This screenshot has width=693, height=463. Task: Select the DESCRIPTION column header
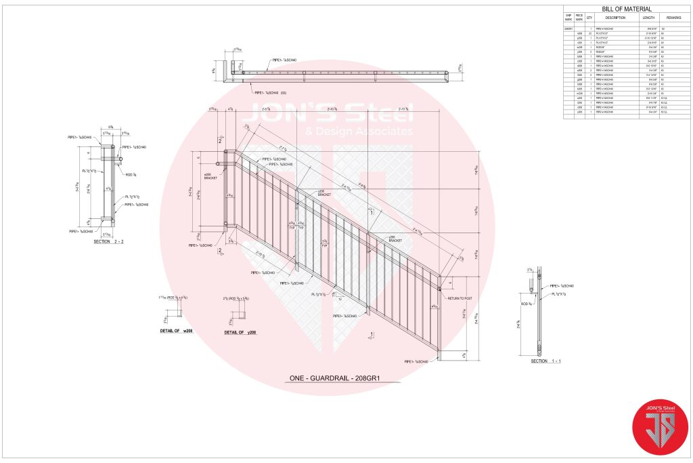point(615,18)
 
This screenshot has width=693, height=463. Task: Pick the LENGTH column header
point(648,18)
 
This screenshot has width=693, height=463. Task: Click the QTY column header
point(589,18)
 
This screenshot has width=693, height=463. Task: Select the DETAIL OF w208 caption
point(177,330)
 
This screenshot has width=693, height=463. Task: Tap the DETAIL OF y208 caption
point(240,333)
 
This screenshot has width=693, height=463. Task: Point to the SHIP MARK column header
point(568,18)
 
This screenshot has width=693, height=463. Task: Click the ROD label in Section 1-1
point(525,294)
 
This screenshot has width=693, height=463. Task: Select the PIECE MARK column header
point(579,18)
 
